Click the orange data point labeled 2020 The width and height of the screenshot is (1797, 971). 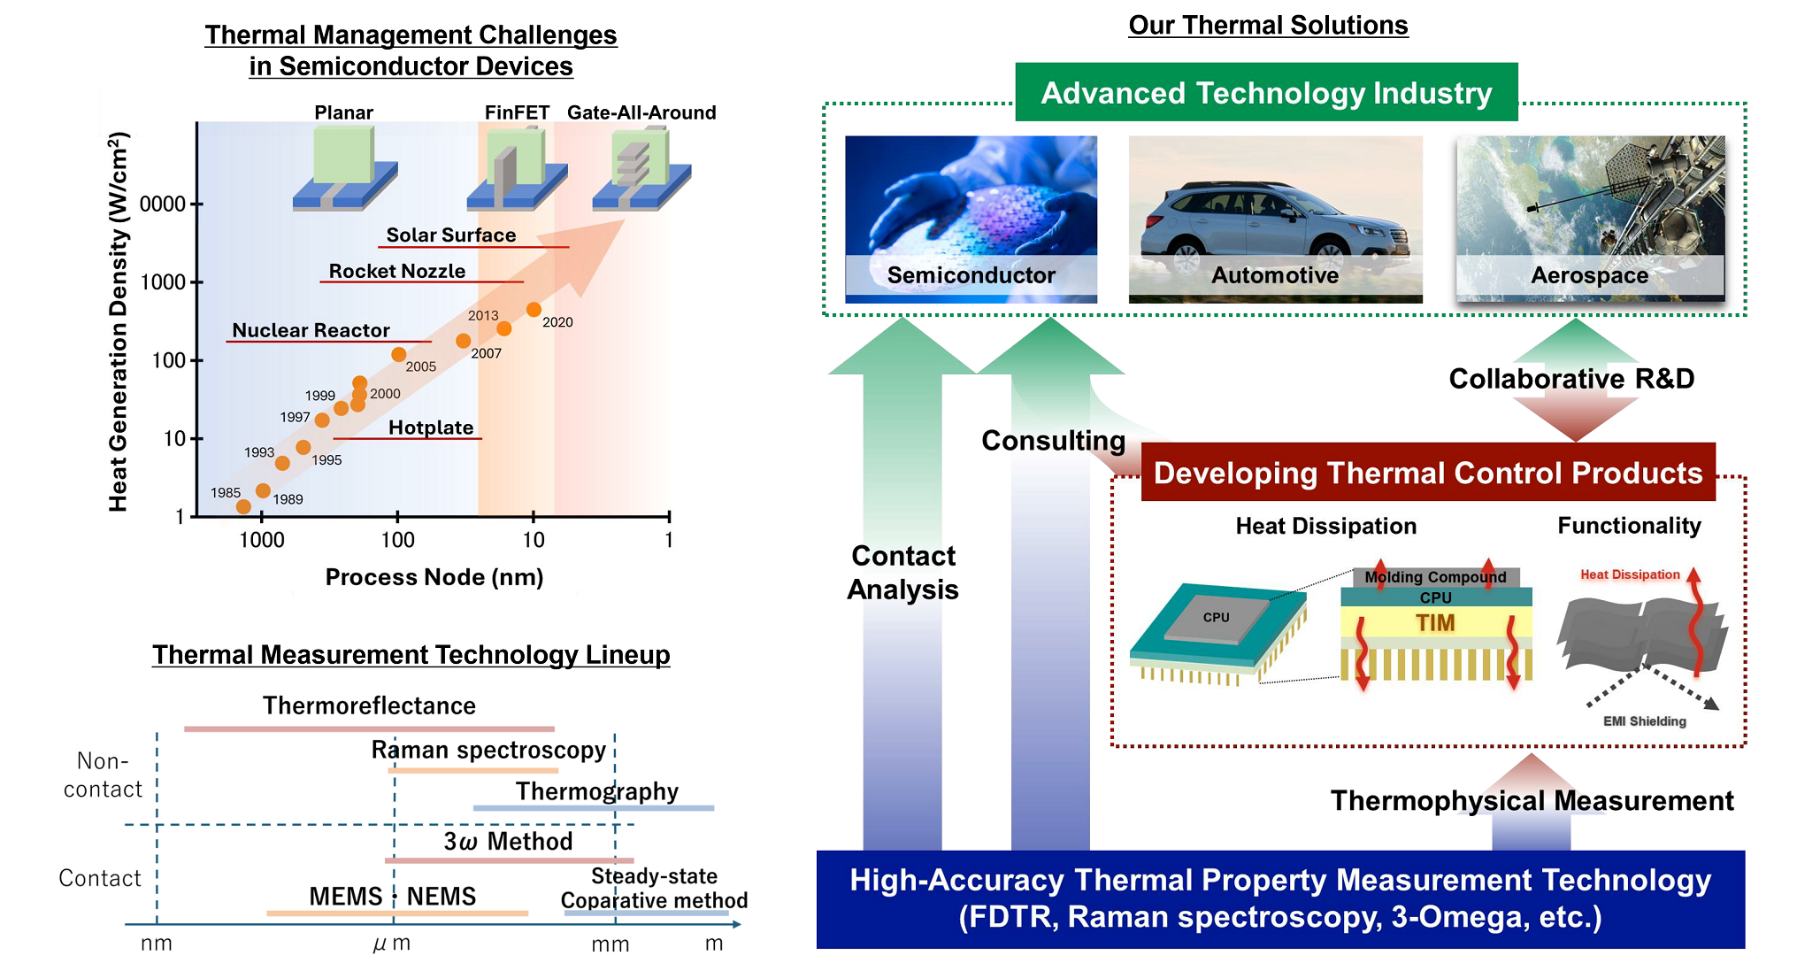point(534,310)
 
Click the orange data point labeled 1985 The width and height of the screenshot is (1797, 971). point(243,506)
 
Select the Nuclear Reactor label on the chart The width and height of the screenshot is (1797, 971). point(311,330)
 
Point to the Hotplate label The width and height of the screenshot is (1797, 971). point(431,428)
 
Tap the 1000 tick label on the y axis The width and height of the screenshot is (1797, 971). point(163,282)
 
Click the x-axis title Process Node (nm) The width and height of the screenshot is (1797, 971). point(434,577)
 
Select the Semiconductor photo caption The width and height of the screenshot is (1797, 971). point(971,275)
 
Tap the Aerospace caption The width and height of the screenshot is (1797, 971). point(1589,275)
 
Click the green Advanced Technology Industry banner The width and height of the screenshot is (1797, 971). point(1266,92)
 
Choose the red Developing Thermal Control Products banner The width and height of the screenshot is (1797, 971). point(1427,473)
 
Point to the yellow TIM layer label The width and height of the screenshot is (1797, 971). point(1435,623)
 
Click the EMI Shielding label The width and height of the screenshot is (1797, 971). point(1644,721)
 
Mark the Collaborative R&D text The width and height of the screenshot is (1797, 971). point(1571,379)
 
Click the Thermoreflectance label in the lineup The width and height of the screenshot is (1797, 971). point(369,705)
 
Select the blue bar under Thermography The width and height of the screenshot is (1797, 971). point(593,808)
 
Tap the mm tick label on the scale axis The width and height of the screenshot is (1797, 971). point(610,944)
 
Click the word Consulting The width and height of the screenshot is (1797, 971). point(1053,440)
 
